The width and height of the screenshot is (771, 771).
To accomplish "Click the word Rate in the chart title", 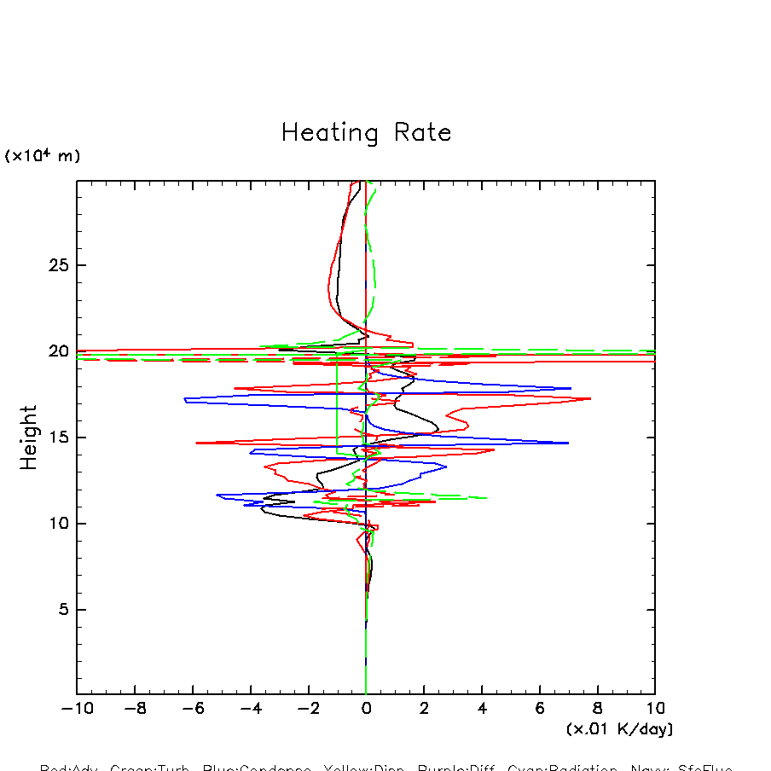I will click(422, 133).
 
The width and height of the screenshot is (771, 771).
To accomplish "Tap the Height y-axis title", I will click(30, 438).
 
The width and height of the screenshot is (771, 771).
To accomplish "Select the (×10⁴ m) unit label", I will click(43, 156).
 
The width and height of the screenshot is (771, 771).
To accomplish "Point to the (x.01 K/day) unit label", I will click(619, 729).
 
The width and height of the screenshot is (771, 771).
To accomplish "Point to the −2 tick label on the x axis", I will click(308, 709).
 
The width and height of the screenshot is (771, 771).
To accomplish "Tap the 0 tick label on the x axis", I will click(366, 709).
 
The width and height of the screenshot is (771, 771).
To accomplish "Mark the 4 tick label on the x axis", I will click(482, 709).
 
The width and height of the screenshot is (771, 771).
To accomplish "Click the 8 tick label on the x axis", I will click(597, 709).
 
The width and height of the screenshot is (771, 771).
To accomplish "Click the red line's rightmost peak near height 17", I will click(590, 398).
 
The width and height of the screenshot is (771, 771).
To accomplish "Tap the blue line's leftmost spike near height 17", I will click(184, 398).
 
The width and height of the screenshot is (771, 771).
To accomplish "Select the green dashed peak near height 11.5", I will click(486, 498).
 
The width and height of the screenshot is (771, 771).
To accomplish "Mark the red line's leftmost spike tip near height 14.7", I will click(196, 443).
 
